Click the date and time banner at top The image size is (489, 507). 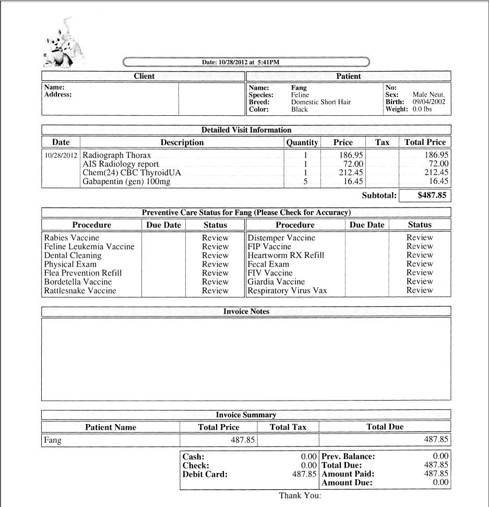(246, 62)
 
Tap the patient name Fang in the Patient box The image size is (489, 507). (299, 88)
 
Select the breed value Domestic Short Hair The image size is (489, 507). (320, 102)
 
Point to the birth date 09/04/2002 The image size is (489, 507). (429, 102)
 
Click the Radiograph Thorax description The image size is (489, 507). (117, 155)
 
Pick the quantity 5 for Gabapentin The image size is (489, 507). (305, 182)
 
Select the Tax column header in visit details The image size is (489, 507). (382, 142)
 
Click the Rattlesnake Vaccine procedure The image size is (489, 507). (80, 291)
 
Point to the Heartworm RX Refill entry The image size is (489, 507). (286, 255)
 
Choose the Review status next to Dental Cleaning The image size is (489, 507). (215, 255)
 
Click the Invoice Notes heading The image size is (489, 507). (246, 311)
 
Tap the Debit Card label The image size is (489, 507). (205, 475)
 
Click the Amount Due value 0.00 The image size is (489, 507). (440, 482)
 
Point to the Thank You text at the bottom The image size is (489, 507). (300, 496)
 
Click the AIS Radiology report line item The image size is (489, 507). (121, 164)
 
